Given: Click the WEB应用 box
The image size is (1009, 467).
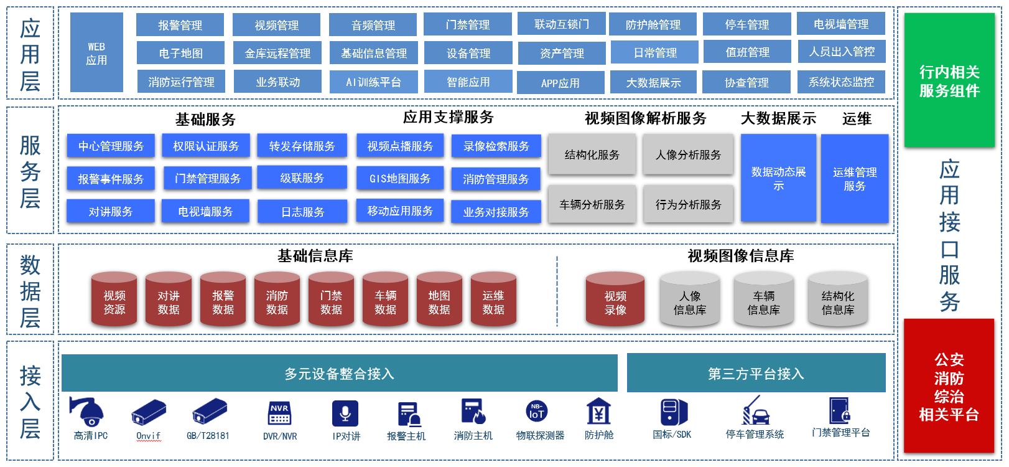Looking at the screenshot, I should click(96, 53).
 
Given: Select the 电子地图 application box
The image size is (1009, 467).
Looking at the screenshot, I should click(180, 54).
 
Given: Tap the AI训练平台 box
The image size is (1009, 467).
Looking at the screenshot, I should click(373, 82).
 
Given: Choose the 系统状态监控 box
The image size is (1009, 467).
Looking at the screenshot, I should click(841, 82).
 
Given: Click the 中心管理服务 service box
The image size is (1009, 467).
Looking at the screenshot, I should click(111, 146).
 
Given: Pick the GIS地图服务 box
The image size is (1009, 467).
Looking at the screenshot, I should click(400, 179).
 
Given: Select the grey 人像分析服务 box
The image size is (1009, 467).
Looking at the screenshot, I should click(688, 154).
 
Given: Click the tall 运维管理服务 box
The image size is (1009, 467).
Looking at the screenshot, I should click(855, 179).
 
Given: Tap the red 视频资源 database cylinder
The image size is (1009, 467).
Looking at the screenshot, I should click(114, 300).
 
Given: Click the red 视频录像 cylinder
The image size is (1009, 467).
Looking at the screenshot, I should click(615, 300).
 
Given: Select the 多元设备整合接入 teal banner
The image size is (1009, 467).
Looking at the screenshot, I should click(339, 374).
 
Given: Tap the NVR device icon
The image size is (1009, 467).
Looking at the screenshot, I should click(279, 413).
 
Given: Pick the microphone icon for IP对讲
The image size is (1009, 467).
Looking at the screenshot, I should click(345, 413).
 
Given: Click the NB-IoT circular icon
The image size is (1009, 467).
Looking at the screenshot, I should click(536, 412).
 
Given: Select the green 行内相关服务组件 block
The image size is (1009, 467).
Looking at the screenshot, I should click(949, 81).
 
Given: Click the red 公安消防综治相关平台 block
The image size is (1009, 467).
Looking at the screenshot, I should click(949, 386).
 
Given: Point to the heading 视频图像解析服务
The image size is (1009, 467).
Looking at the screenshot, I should click(645, 118).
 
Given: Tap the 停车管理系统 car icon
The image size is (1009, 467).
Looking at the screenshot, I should click(755, 412).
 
